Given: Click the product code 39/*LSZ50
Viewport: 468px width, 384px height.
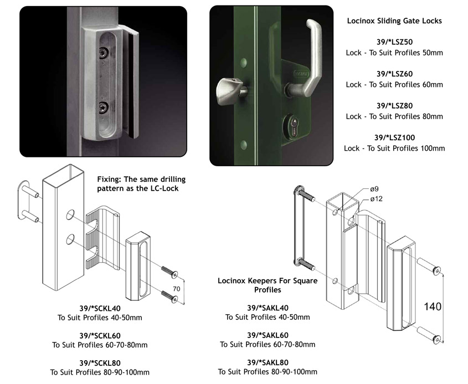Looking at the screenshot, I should tap(394, 42).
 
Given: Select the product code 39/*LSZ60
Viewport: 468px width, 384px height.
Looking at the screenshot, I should tap(394, 74).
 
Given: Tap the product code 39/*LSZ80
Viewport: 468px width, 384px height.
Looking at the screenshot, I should tap(394, 105).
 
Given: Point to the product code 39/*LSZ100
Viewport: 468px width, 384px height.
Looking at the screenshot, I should tap(394, 137).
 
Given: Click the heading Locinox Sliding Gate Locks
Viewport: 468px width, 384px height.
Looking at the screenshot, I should tap(394, 21).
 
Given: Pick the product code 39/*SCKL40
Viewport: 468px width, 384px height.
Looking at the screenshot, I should tap(100, 308).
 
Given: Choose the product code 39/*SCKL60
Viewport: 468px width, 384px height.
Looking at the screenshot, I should tap(100, 335).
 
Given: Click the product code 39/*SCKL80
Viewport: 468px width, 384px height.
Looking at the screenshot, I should tap(100, 363).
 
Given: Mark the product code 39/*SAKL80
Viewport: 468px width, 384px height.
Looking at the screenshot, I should tap(268, 362).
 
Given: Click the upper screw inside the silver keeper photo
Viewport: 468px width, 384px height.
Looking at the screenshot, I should tap(103, 53).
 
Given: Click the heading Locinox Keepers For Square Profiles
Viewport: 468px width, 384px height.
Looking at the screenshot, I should tap(267, 285).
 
